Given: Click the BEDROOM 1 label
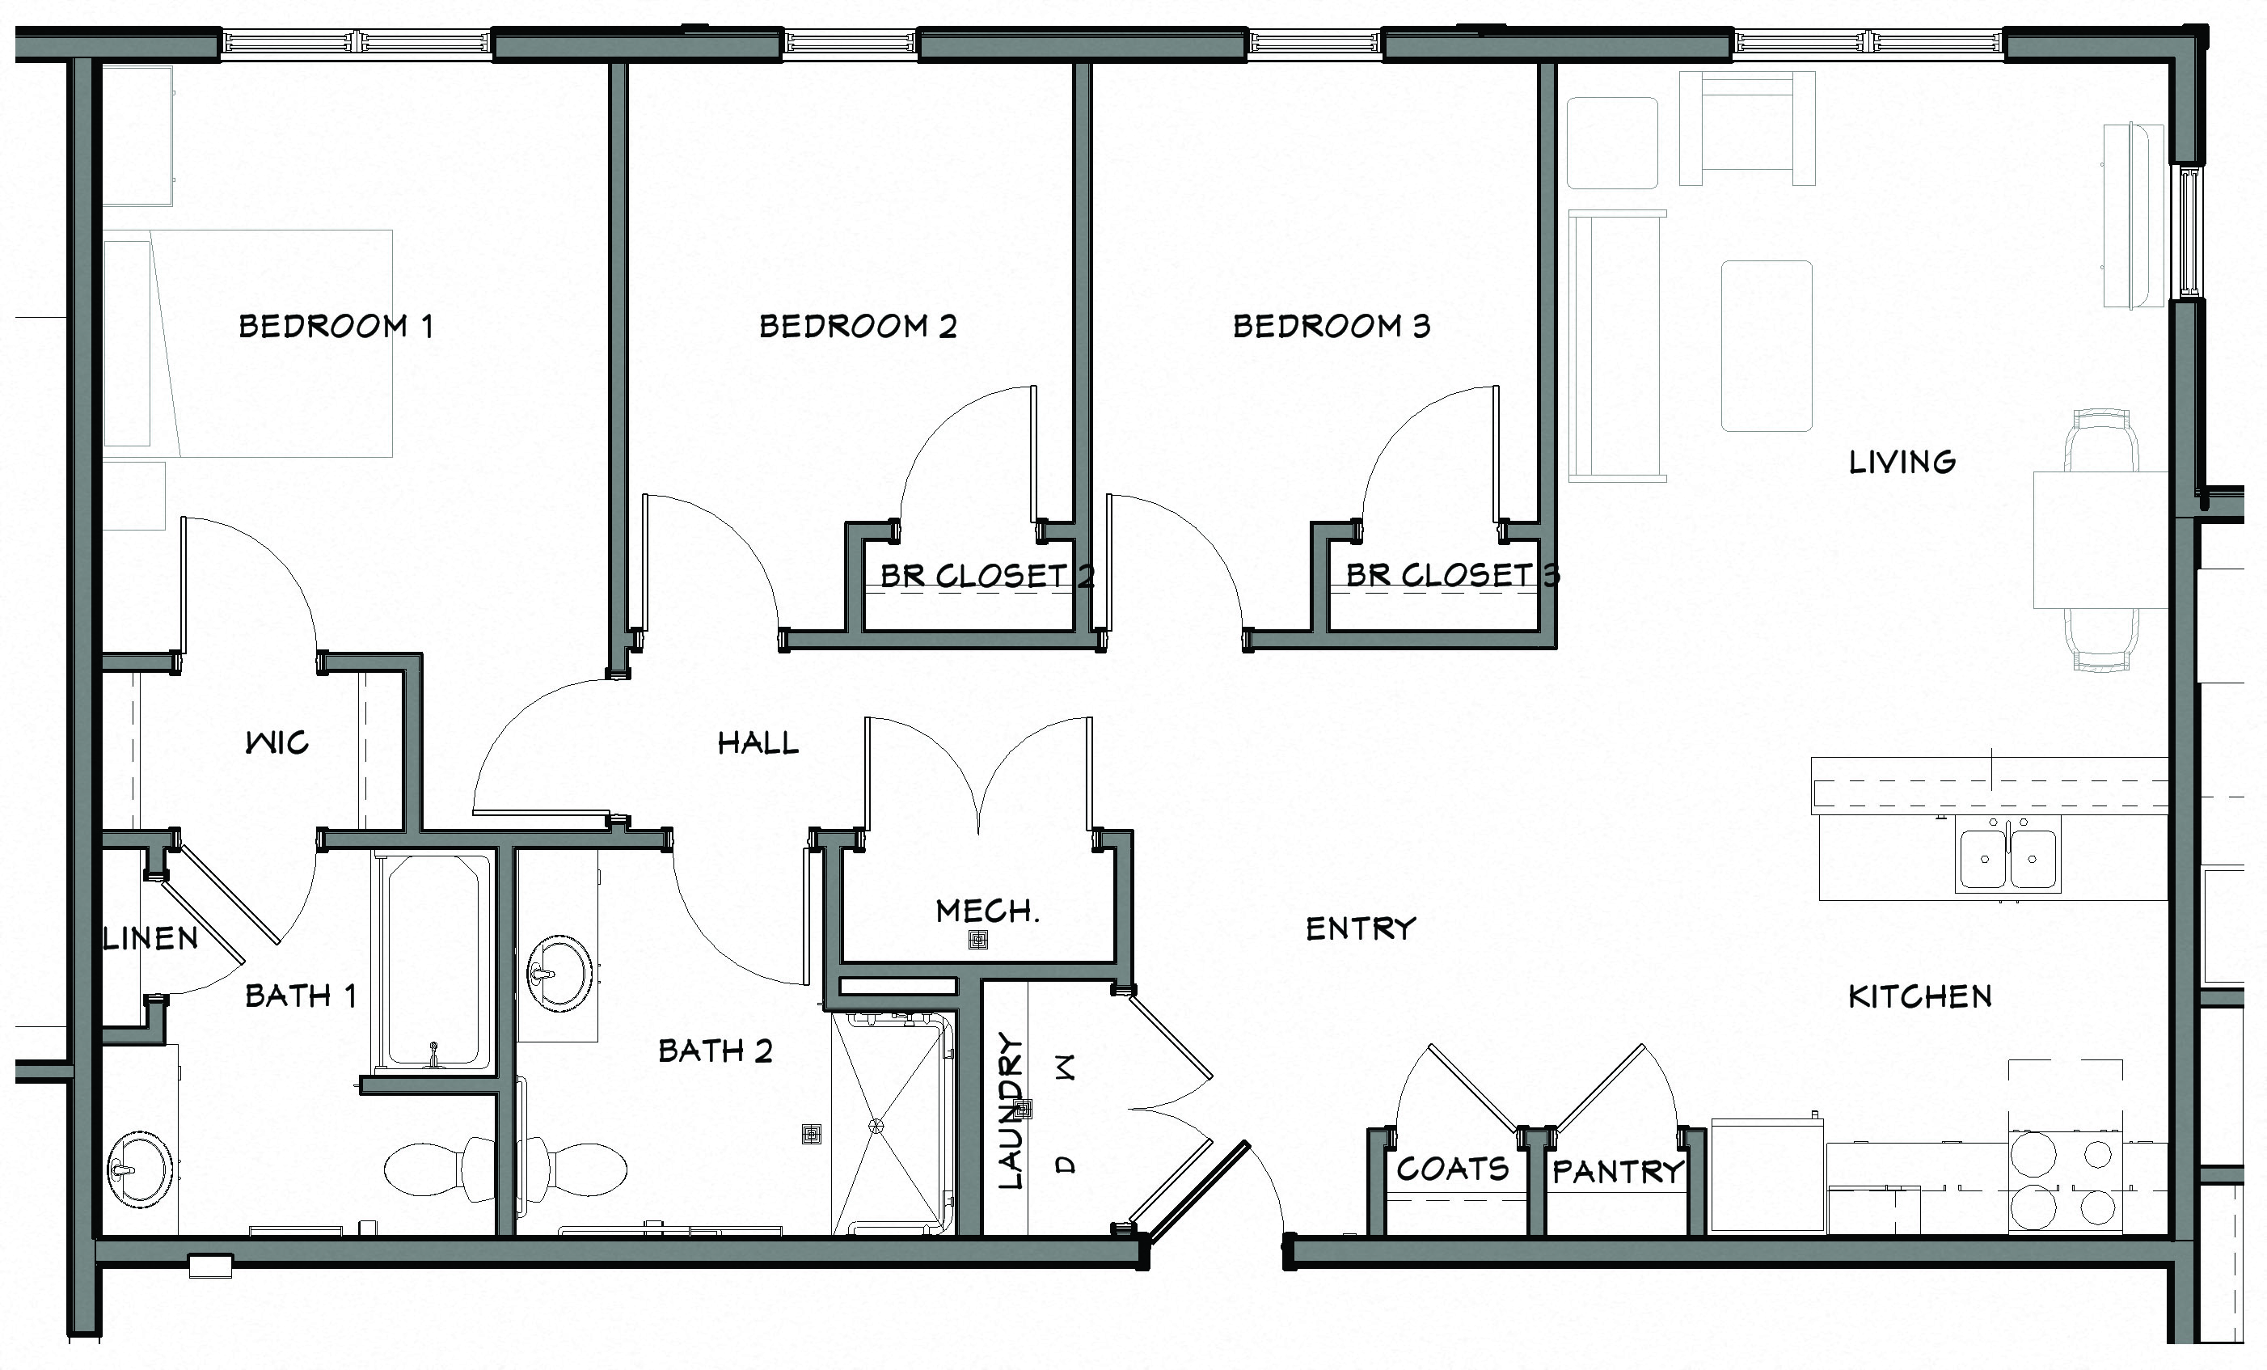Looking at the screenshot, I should [x=336, y=326].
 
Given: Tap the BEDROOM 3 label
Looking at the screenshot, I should [x=1332, y=326].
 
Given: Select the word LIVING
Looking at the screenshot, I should [x=1902, y=462].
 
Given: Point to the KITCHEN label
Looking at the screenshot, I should [x=1919, y=996].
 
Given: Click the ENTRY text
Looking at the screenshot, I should [x=1361, y=928].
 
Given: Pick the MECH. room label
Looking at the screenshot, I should [x=987, y=911].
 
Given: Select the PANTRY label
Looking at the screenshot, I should [x=1618, y=1171].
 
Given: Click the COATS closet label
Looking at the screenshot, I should [x=1453, y=1169].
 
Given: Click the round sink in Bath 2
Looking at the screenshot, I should [x=559, y=974].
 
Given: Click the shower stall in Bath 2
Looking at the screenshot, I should [x=889, y=1124].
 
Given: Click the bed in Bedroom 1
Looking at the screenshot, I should [x=248, y=343].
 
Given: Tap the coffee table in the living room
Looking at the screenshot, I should [x=1767, y=346].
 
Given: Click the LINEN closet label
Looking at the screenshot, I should [x=150, y=938].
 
